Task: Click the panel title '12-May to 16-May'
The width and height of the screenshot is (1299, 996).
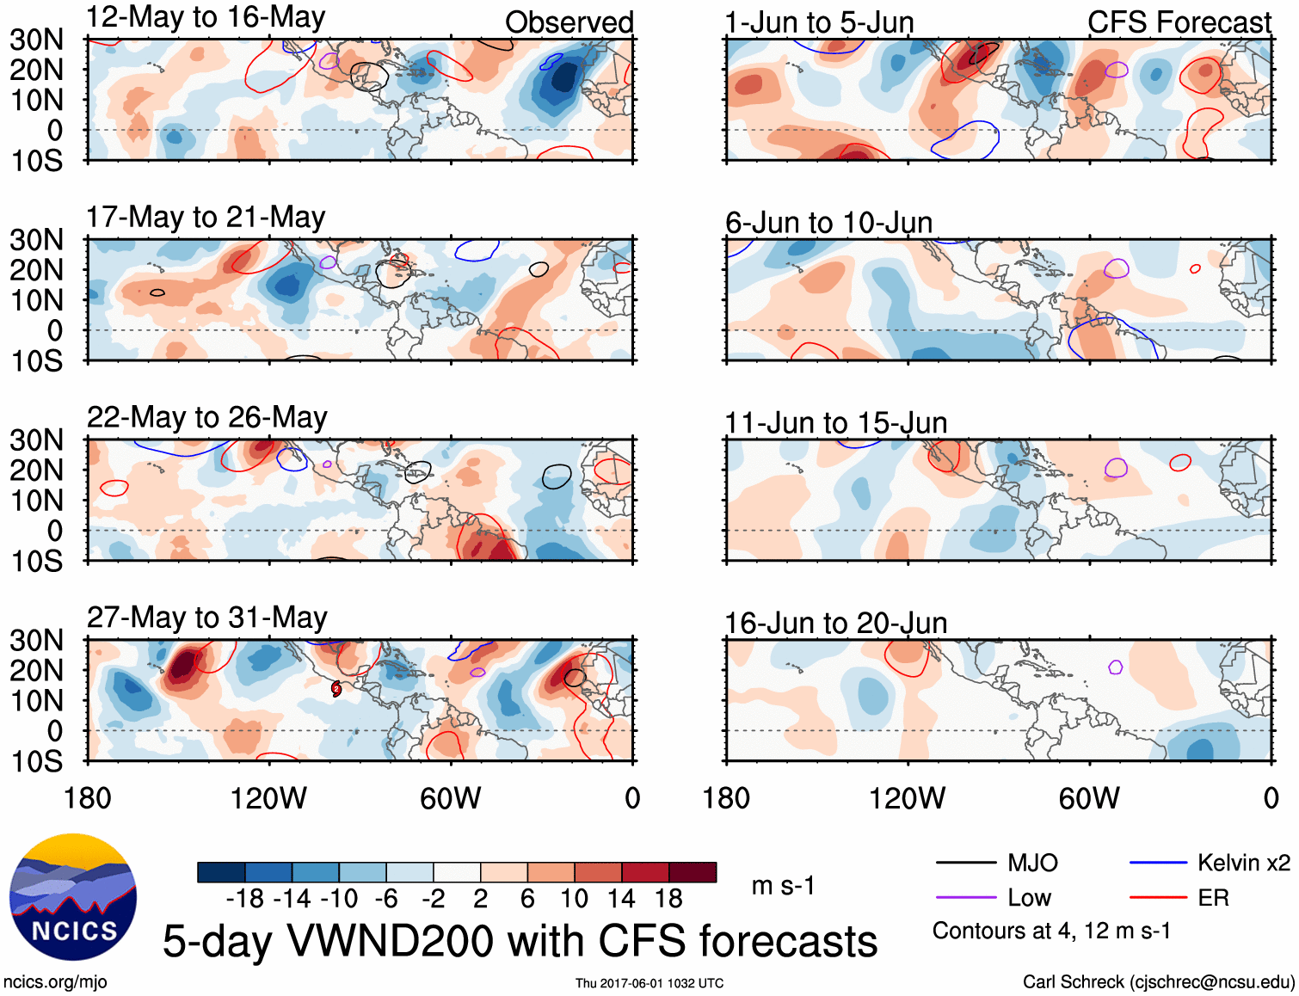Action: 206,17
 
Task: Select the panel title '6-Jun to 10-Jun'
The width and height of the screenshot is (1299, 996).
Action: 828,223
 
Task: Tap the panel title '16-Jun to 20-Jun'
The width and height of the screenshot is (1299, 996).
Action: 835,623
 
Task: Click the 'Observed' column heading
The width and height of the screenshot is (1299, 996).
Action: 569,22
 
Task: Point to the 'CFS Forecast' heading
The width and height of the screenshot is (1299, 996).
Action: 1179,22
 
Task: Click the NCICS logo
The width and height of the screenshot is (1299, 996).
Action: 73,897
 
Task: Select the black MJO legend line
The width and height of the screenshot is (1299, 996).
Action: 965,863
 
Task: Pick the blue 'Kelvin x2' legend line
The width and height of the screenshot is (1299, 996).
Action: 1158,863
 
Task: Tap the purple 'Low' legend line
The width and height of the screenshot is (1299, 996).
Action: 965,898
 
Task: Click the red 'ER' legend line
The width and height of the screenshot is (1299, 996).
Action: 1158,898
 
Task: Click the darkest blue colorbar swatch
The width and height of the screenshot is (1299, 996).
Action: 221,872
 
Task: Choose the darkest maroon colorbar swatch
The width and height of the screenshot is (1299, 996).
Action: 693,872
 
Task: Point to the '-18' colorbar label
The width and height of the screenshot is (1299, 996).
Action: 245,899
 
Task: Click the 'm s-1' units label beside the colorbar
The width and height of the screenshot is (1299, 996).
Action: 783,885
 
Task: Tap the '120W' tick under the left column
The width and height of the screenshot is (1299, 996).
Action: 268,798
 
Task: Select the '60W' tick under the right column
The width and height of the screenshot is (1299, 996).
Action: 1089,798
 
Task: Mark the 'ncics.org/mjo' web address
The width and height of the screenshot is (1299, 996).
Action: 55,982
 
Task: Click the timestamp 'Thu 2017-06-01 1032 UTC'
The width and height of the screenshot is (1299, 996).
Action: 649,983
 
